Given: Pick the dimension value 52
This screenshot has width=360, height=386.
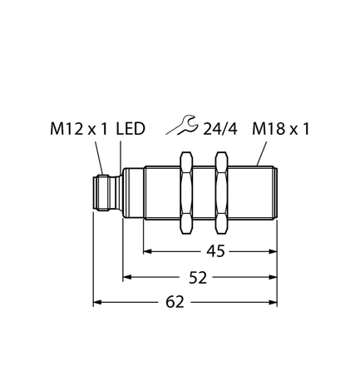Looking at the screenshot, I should [197, 276].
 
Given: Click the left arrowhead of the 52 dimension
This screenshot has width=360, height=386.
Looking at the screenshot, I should [128, 276].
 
